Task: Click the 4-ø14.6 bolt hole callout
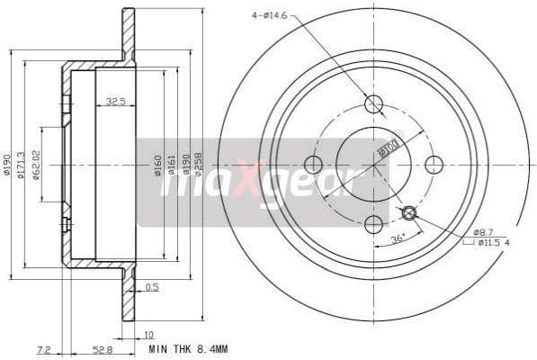pyautogui.click(x=275, y=14)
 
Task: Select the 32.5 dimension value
pyautogui.click(x=115, y=102)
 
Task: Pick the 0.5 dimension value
pyautogui.click(x=154, y=288)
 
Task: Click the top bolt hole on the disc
pyautogui.click(x=373, y=104)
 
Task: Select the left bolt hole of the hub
pyautogui.click(x=313, y=165)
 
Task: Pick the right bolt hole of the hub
pyautogui.click(x=434, y=165)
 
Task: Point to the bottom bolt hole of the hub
pyautogui.click(x=373, y=225)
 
